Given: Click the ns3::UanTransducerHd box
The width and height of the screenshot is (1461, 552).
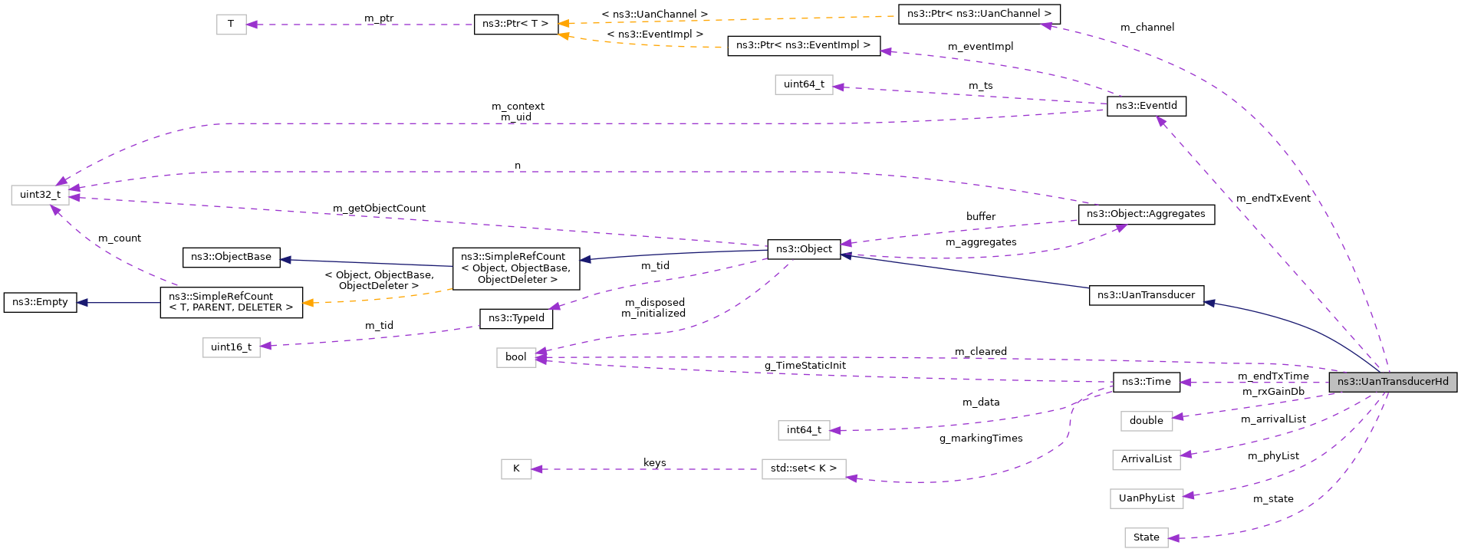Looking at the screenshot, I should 1392,382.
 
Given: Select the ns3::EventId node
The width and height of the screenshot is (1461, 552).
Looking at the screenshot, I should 1146,106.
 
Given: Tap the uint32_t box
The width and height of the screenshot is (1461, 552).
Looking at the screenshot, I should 40,195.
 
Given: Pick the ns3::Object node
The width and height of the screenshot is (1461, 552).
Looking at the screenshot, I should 803,249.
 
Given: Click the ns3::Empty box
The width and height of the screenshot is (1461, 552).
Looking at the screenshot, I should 40,302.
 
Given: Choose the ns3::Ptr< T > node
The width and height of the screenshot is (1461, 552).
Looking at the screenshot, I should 515,24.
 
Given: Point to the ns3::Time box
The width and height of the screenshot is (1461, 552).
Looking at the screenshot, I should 1146,382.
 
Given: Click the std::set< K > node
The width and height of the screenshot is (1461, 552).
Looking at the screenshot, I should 803,468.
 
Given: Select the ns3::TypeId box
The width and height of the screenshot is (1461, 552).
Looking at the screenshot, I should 515,318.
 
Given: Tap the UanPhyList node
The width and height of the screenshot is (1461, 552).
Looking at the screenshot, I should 1146,498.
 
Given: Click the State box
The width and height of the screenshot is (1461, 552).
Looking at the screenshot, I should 1146,537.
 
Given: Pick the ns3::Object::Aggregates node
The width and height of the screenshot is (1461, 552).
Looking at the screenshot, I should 1146,214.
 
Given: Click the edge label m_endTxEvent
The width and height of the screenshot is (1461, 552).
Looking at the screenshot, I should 1273,199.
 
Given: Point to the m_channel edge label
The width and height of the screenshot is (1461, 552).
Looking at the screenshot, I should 1147,28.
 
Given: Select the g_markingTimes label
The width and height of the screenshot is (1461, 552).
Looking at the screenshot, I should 980,439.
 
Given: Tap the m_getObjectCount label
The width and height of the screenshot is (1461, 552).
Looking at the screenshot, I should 379,209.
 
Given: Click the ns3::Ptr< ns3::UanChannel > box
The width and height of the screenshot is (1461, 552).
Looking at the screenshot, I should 979,14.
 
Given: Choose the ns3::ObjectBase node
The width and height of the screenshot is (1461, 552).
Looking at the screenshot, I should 231,257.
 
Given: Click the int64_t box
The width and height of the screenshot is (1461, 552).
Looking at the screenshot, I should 803,430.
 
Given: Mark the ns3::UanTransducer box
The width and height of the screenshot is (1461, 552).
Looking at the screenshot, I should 1146,295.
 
